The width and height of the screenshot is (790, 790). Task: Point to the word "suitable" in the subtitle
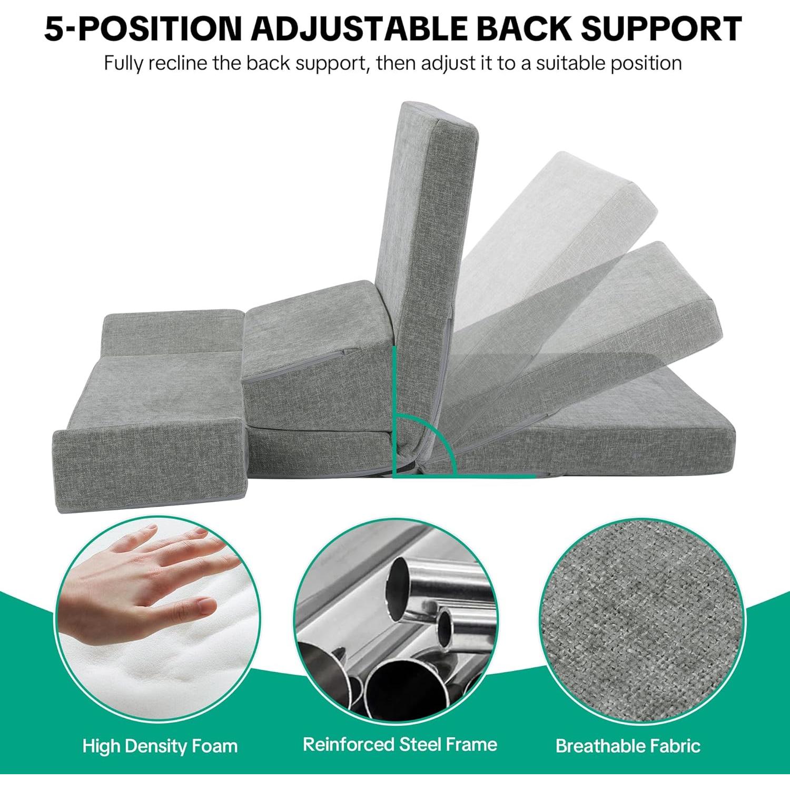570,63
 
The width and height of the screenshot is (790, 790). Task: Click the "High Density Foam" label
160,746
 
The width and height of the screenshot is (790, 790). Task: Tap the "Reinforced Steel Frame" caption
400,744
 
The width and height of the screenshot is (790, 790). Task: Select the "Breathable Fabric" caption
628,746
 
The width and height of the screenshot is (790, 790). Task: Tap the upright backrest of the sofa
421,253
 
